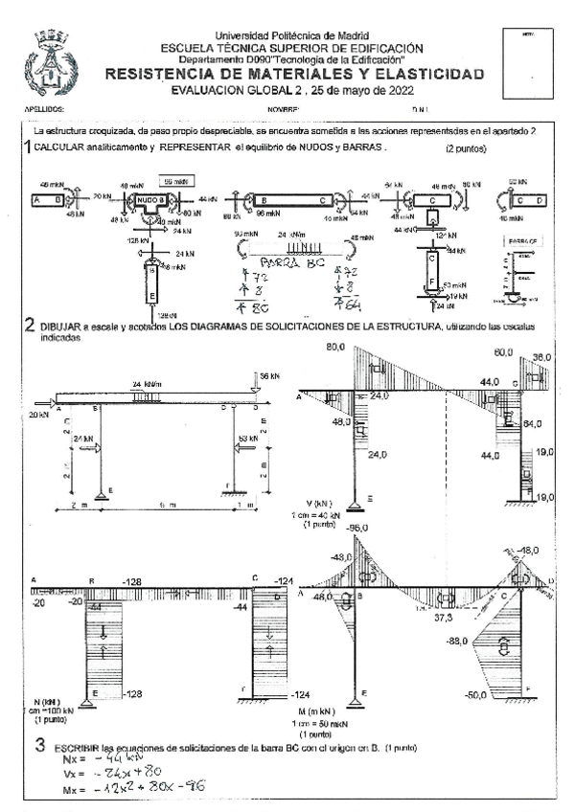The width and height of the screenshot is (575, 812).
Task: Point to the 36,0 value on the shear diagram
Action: [542, 356]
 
